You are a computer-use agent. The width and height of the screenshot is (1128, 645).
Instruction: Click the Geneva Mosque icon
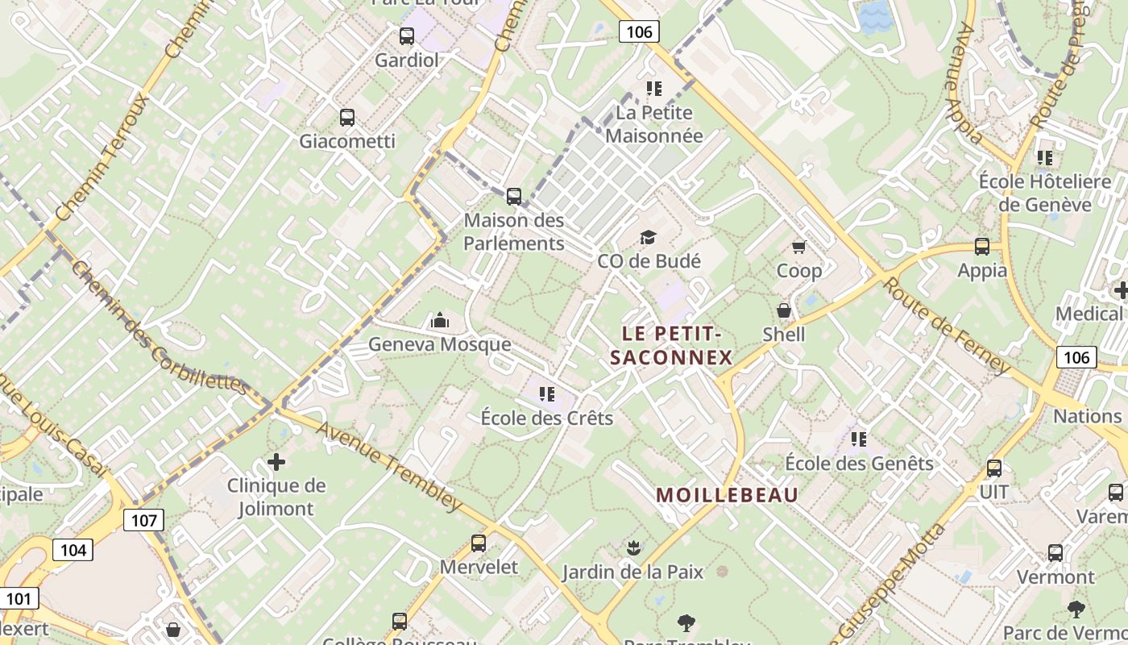(439, 321)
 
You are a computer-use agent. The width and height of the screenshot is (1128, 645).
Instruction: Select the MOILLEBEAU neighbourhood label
(727, 495)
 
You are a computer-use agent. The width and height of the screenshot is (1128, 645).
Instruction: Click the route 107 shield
(144, 520)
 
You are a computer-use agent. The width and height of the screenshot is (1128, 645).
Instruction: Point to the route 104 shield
(73, 551)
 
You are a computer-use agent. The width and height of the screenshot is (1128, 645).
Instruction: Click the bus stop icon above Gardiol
(407, 36)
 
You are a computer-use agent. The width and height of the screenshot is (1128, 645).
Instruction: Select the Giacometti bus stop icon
(347, 118)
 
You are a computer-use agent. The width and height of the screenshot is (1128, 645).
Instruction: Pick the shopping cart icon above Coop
(798, 247)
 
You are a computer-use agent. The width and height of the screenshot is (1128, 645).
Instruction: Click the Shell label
(783, 334)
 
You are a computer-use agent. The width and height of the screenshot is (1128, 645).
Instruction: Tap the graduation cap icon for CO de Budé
(648, 237)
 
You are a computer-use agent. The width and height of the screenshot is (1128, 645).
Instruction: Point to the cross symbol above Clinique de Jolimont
(276, 462)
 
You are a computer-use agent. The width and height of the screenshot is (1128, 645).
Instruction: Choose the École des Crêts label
(547, 418)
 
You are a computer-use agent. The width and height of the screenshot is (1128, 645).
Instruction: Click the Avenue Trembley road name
(388, 466)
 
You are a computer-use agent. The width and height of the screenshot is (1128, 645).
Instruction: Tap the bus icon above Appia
(982, 247)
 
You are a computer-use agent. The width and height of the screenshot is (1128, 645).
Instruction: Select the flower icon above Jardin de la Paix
(633, 548)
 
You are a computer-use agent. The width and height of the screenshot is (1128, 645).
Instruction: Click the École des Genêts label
(859, 464)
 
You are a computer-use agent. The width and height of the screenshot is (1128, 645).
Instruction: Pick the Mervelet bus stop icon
(479, 543)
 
